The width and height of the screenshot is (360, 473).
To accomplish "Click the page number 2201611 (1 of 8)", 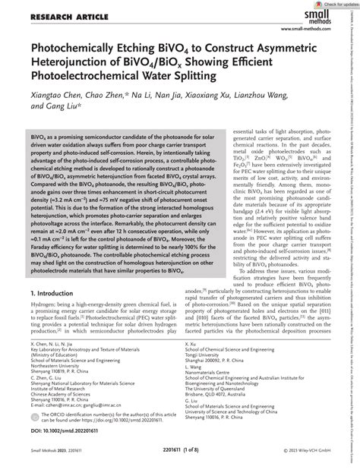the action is click(180, 462).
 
